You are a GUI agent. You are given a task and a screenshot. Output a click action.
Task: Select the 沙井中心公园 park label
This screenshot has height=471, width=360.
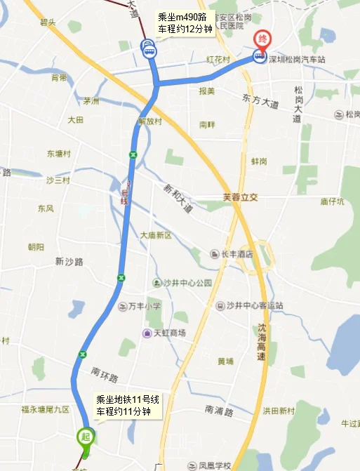pos(187,283)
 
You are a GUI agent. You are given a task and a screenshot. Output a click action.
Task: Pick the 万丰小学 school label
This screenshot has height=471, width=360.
pos(145,306)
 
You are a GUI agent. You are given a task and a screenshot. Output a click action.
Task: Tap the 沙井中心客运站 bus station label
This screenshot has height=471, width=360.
pos(254,305)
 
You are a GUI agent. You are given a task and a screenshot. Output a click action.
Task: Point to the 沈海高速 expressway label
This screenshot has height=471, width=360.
pos(261,342)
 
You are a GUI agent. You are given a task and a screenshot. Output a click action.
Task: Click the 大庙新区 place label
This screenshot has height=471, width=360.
pos(155,235)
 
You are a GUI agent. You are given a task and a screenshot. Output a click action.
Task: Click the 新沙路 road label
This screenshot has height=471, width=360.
pos(69,261)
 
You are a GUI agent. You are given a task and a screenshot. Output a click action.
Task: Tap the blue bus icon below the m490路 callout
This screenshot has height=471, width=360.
pos(149,48)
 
